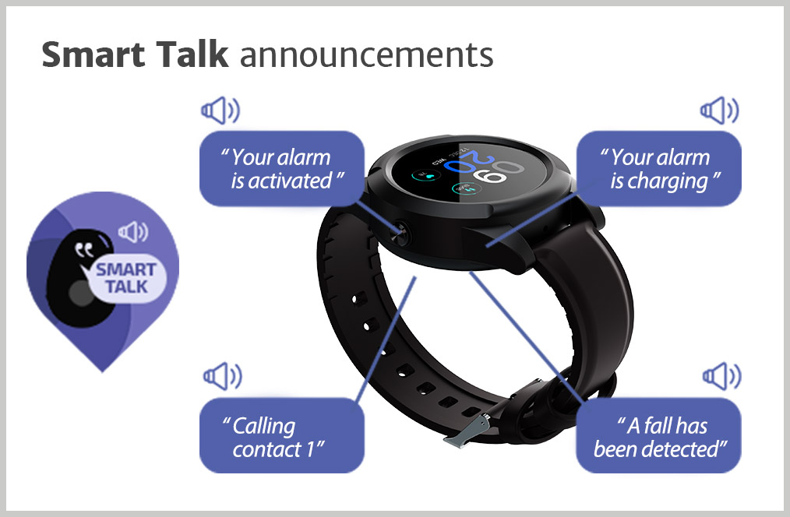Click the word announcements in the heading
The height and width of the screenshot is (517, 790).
(366, 55)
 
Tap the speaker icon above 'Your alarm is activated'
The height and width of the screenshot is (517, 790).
(220, 111)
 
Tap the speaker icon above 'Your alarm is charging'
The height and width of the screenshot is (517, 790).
(719, 111)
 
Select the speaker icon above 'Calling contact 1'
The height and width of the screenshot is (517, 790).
(222, 376)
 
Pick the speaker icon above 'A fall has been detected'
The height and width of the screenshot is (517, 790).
(722, 376)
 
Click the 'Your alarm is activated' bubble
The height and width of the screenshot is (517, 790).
(281, 169)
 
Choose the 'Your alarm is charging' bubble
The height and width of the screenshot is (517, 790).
(658, 169)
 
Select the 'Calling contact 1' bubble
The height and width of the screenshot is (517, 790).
(281, 435)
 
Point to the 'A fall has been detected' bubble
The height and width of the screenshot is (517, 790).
(658, 435)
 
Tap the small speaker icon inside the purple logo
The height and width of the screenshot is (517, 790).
(133, 232)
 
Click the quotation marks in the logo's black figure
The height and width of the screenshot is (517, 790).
(84, 250)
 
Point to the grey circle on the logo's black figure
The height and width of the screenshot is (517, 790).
(81, 293)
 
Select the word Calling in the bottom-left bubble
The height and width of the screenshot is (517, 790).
(264, 427)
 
